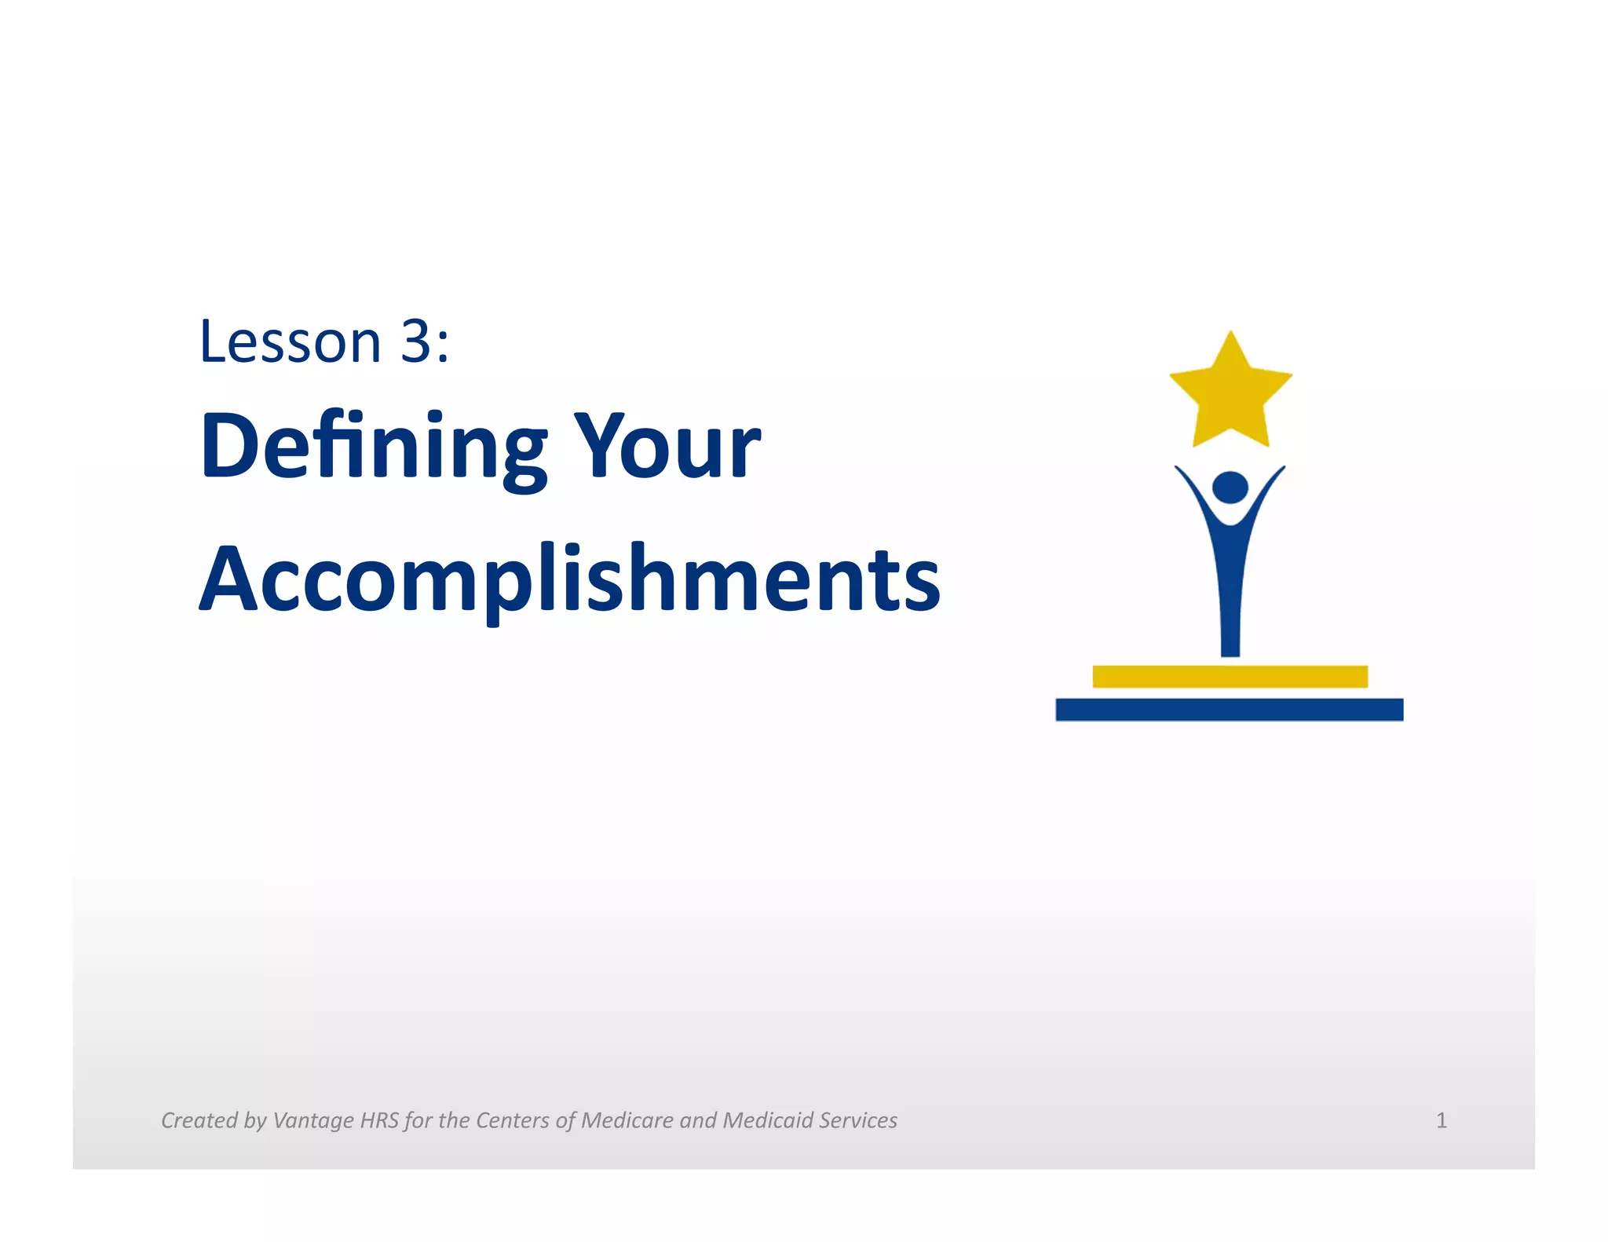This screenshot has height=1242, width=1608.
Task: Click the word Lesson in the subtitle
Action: click(291, 342)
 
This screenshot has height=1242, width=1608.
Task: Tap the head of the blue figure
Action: click(1230, 488)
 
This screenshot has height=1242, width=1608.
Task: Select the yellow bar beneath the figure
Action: click(1230, 676)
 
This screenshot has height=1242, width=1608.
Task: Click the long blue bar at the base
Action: click(1229, 710)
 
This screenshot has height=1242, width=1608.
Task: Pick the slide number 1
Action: click(1441, 1120)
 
